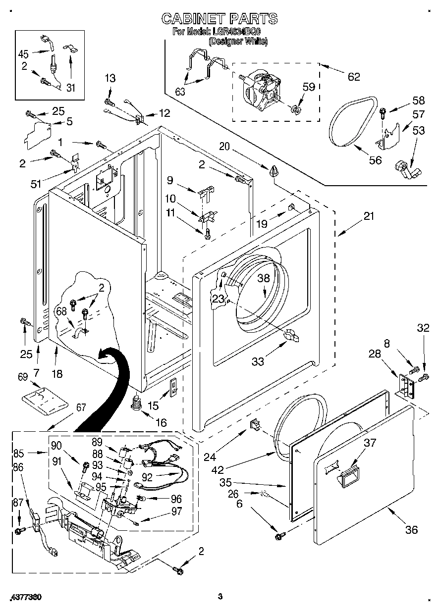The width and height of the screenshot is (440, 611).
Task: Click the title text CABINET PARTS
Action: (x=220, y=19)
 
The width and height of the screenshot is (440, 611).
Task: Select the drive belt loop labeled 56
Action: (x=352, y=122)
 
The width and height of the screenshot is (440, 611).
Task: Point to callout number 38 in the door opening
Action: (x=264, y=278)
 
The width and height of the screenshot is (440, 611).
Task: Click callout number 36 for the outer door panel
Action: (x=411, y=530)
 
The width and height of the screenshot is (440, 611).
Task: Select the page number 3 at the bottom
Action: (x=220, y=597)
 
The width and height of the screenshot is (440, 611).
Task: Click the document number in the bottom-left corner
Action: (x=25, y=597)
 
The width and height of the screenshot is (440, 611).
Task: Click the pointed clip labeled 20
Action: (x=274, y=171)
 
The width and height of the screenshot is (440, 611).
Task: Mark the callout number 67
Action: (x=81, y=408)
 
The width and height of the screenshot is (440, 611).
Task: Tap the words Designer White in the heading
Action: (x=238, y=42)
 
